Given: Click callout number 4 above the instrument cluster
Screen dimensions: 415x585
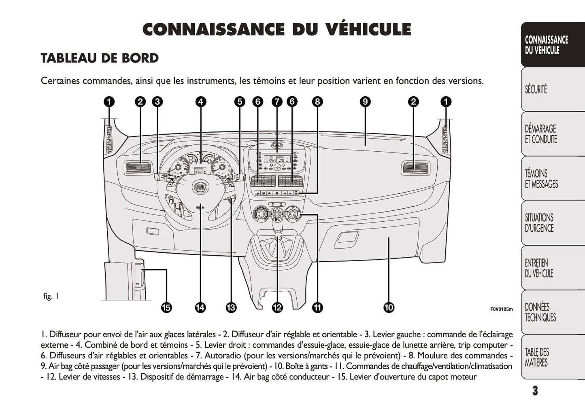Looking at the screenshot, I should (201, 102).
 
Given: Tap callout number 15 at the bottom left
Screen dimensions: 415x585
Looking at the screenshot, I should (166, 308).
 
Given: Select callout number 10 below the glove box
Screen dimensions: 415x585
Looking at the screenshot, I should (389, 308).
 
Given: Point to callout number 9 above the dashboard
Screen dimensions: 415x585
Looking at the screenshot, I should (365, 102).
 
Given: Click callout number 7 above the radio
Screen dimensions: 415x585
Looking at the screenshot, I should (277, 102).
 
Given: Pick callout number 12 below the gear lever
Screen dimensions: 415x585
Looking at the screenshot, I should (277, 308).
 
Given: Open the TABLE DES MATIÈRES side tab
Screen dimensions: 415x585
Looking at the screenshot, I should (537, 357).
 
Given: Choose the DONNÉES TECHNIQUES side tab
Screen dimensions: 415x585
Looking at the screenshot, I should (540, 312).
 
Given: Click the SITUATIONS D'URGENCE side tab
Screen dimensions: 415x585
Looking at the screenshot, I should (539, 223).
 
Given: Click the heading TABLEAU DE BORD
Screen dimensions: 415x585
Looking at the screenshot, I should (100, 58).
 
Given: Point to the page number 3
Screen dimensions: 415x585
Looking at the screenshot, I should (535, 391).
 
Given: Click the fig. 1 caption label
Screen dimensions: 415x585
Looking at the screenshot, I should (51, 296).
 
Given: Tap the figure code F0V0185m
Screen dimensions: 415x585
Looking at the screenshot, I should (501, 309).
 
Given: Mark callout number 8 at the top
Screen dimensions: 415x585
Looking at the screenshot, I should (317, 102).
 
